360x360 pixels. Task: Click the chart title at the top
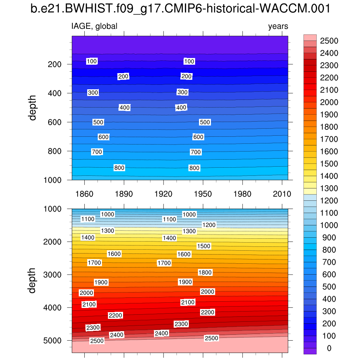pos(180,9)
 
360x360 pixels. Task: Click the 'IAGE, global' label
pos(94,26)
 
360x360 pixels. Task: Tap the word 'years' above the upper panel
pos(278,26)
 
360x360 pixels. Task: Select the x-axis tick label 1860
pos(84,194)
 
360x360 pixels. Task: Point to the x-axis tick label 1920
pos(163,194)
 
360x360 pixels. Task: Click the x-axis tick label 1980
pos(243,194)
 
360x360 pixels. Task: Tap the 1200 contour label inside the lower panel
pos(209,225)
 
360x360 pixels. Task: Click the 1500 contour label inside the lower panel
pos(204,246)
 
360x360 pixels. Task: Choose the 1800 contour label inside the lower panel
pos(205,272)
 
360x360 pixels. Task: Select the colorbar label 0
pos(329,348)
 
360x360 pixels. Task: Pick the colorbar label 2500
pos(329,41)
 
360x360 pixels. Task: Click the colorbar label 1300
pos(329,188)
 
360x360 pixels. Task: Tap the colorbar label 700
pos(329,262)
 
